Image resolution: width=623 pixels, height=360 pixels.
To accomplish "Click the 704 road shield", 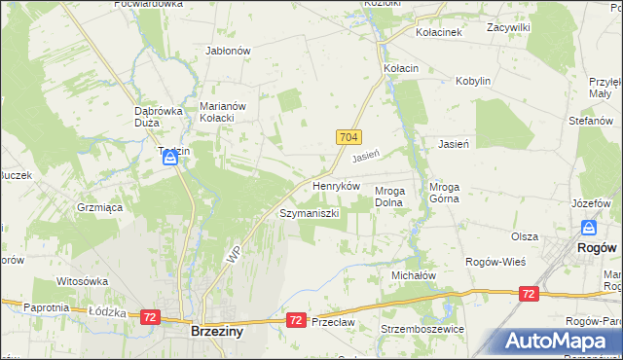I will (351, 138).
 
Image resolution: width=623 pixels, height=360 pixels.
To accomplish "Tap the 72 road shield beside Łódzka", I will (150, 317).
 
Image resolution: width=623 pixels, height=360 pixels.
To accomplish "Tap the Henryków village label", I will (336, 186).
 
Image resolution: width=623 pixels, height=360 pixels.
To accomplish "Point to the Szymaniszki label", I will (309, 213).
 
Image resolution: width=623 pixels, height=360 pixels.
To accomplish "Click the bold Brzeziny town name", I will (216, 332).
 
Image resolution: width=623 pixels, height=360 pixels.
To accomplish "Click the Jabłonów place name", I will (229, 51).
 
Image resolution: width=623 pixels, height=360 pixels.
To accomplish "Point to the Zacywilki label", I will (509, 28).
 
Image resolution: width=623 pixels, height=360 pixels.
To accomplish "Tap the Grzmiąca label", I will (98, 207).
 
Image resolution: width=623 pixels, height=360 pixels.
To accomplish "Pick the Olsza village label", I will (525, 236).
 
